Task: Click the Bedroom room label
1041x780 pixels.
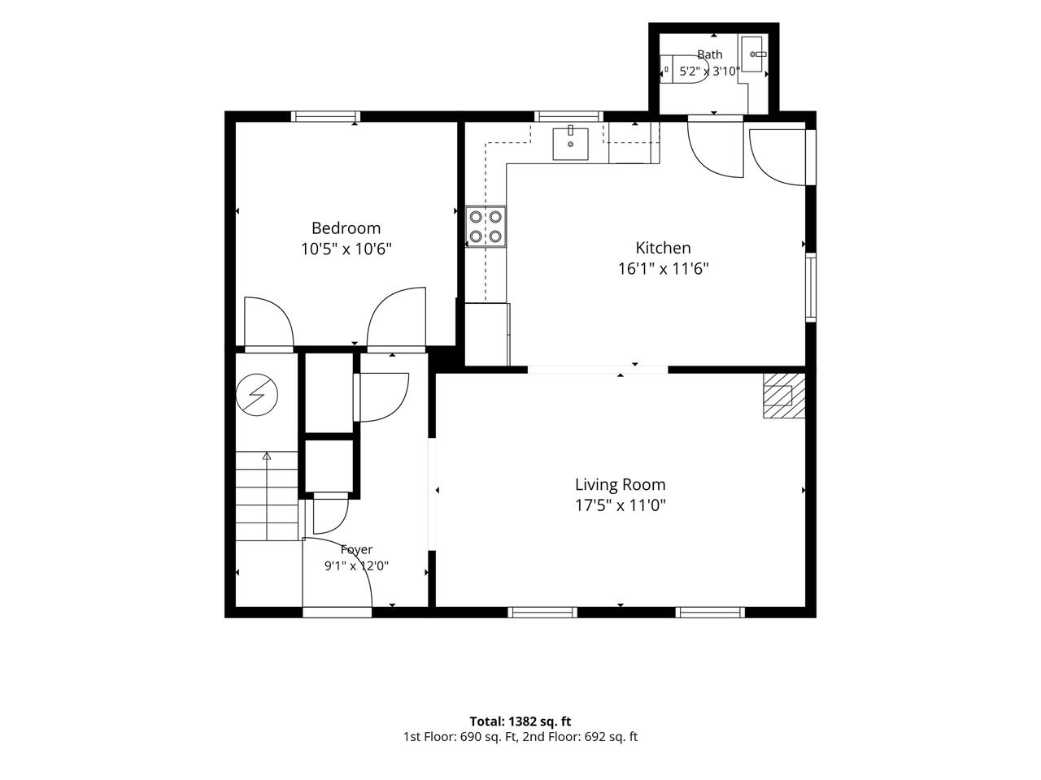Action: pyautogui.click(x=346, y=228)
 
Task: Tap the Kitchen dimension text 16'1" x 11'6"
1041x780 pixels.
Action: pyautogui.click(x=663, y=269)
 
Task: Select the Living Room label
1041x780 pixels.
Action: pyautogui.click(x=621, y=484)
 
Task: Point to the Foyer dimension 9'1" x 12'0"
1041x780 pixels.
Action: pyautogui.click(x=356, y=565)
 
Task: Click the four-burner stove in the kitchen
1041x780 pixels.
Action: pyautogui.click(x=486, y=227)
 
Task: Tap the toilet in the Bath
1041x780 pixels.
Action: pyautogui.click(x=683, y=70)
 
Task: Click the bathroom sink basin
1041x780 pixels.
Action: pyautogui.click(x=752, y=54)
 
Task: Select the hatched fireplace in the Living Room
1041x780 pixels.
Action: pyautogui.click(x=784, y=396)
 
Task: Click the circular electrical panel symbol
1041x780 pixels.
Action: pyautogui.click(x=256, y=395)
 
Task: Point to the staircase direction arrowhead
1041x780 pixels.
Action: pyautogui.click(x=267, y=456)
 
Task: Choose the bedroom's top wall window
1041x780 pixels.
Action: pyautogui.click(x=325, y=116)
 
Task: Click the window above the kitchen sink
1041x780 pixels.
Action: pyautogui.click(x=568, y=116)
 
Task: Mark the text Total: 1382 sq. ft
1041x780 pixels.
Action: pyautogui.click(x=520, y=721)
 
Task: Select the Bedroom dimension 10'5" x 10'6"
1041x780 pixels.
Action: pyautogui.click(x=346, y=249)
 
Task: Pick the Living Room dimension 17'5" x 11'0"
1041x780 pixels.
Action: pyautogui.click(x=621, y=506)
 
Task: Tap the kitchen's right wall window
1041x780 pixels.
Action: pyautogui.click(x=811, y=288)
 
